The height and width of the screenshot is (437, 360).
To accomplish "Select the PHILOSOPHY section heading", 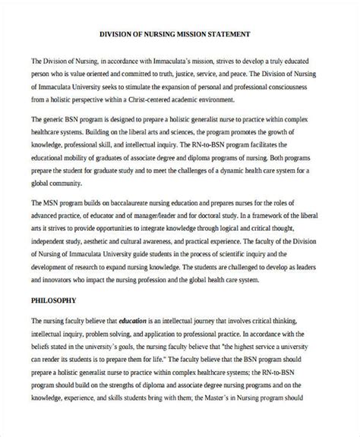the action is click(x=55, y=299).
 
